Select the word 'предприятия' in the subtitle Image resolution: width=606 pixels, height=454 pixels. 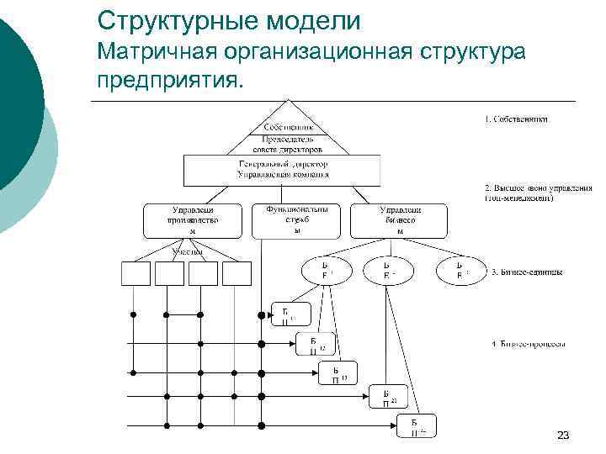point(169,82)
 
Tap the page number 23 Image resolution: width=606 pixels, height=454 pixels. point(563,435)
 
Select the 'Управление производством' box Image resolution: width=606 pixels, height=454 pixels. point(193,219)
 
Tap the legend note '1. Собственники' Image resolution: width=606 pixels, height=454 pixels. point(516,119)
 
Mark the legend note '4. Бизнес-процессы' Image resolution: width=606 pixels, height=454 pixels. point(528,344)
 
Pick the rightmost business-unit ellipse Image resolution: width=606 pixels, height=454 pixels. point(460,269)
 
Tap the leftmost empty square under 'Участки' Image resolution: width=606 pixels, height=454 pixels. point(138,273)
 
